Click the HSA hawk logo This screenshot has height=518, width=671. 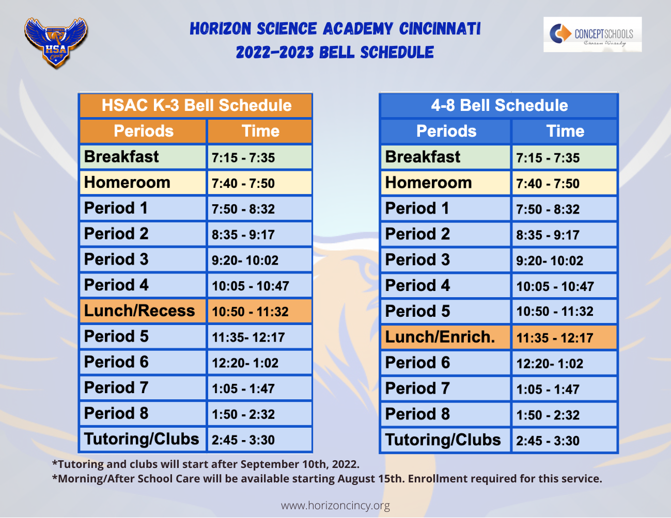pyautogui.click(x=56, y=43)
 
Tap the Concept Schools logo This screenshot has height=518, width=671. pyautogui.click(x=592, y=35)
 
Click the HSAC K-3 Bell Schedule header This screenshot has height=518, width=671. pyautogui.click(x=196, y=105)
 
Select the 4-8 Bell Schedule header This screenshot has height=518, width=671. pyautogui.click(x=499, y=105)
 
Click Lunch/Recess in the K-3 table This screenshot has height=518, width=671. pyautogui.click(x=139, y=311)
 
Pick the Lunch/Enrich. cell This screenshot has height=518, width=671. pyautogui.click(x=440, y=337)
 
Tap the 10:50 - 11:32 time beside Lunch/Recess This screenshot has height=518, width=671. pyautogui.click(x=250, y=312)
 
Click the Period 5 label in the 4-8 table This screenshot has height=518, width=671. pyautogui.click(x=417, y=311)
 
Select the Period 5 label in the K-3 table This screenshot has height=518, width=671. pyautogui.click(x=116, y=336)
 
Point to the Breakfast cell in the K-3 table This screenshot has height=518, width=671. pyautogui.click(x=121, y=157)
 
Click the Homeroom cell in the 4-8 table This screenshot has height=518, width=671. pyautogui.click(x=428, y=183)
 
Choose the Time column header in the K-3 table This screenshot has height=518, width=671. pyautogui.click(x=260, y=131)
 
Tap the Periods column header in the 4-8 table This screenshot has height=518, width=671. pyautogui.click(x=446, y=131)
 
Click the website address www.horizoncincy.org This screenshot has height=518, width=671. pyautogui.click(x=335, y=506)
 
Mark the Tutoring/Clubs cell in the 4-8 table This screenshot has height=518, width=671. pyautogui.click(x=443, y=440)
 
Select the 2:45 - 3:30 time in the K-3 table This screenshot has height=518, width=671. pyautogui.click(x=243, y=440)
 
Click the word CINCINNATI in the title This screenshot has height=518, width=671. pyautogui.click(x=440, y=29)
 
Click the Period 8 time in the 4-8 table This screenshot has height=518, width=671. pyautogui.click(x=548, y=415)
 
